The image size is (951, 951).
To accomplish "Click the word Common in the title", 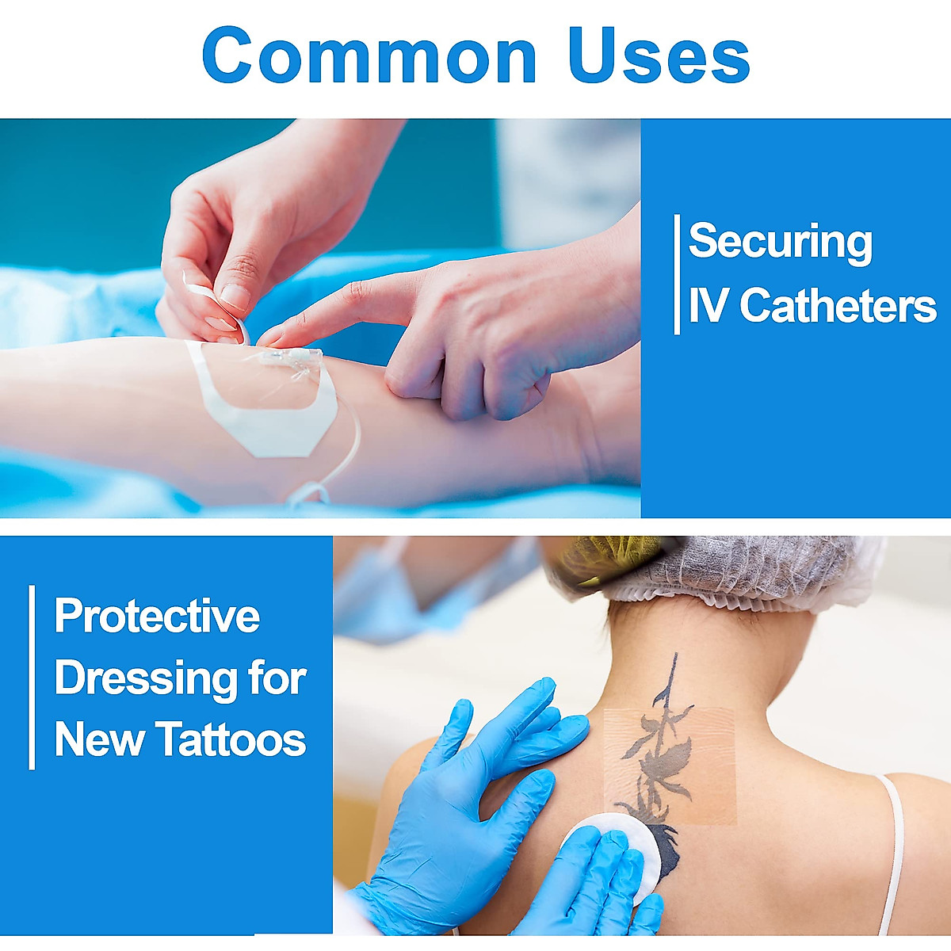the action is [x=369, y=55].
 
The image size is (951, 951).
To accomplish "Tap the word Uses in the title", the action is [x=661, y=55].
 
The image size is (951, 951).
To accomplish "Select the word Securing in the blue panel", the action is [x=781, y=242].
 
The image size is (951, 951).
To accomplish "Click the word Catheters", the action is [x=837, y=305].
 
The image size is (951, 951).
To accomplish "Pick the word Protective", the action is [x=157, y=616].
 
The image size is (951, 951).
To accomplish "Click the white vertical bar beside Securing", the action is [x=677, y=274].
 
